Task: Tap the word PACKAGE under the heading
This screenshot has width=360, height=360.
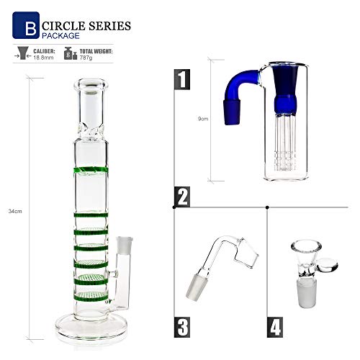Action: point(60,35)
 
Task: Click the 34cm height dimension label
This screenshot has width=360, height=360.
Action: point(13,211)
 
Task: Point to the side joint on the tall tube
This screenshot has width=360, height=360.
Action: point(122,245)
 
